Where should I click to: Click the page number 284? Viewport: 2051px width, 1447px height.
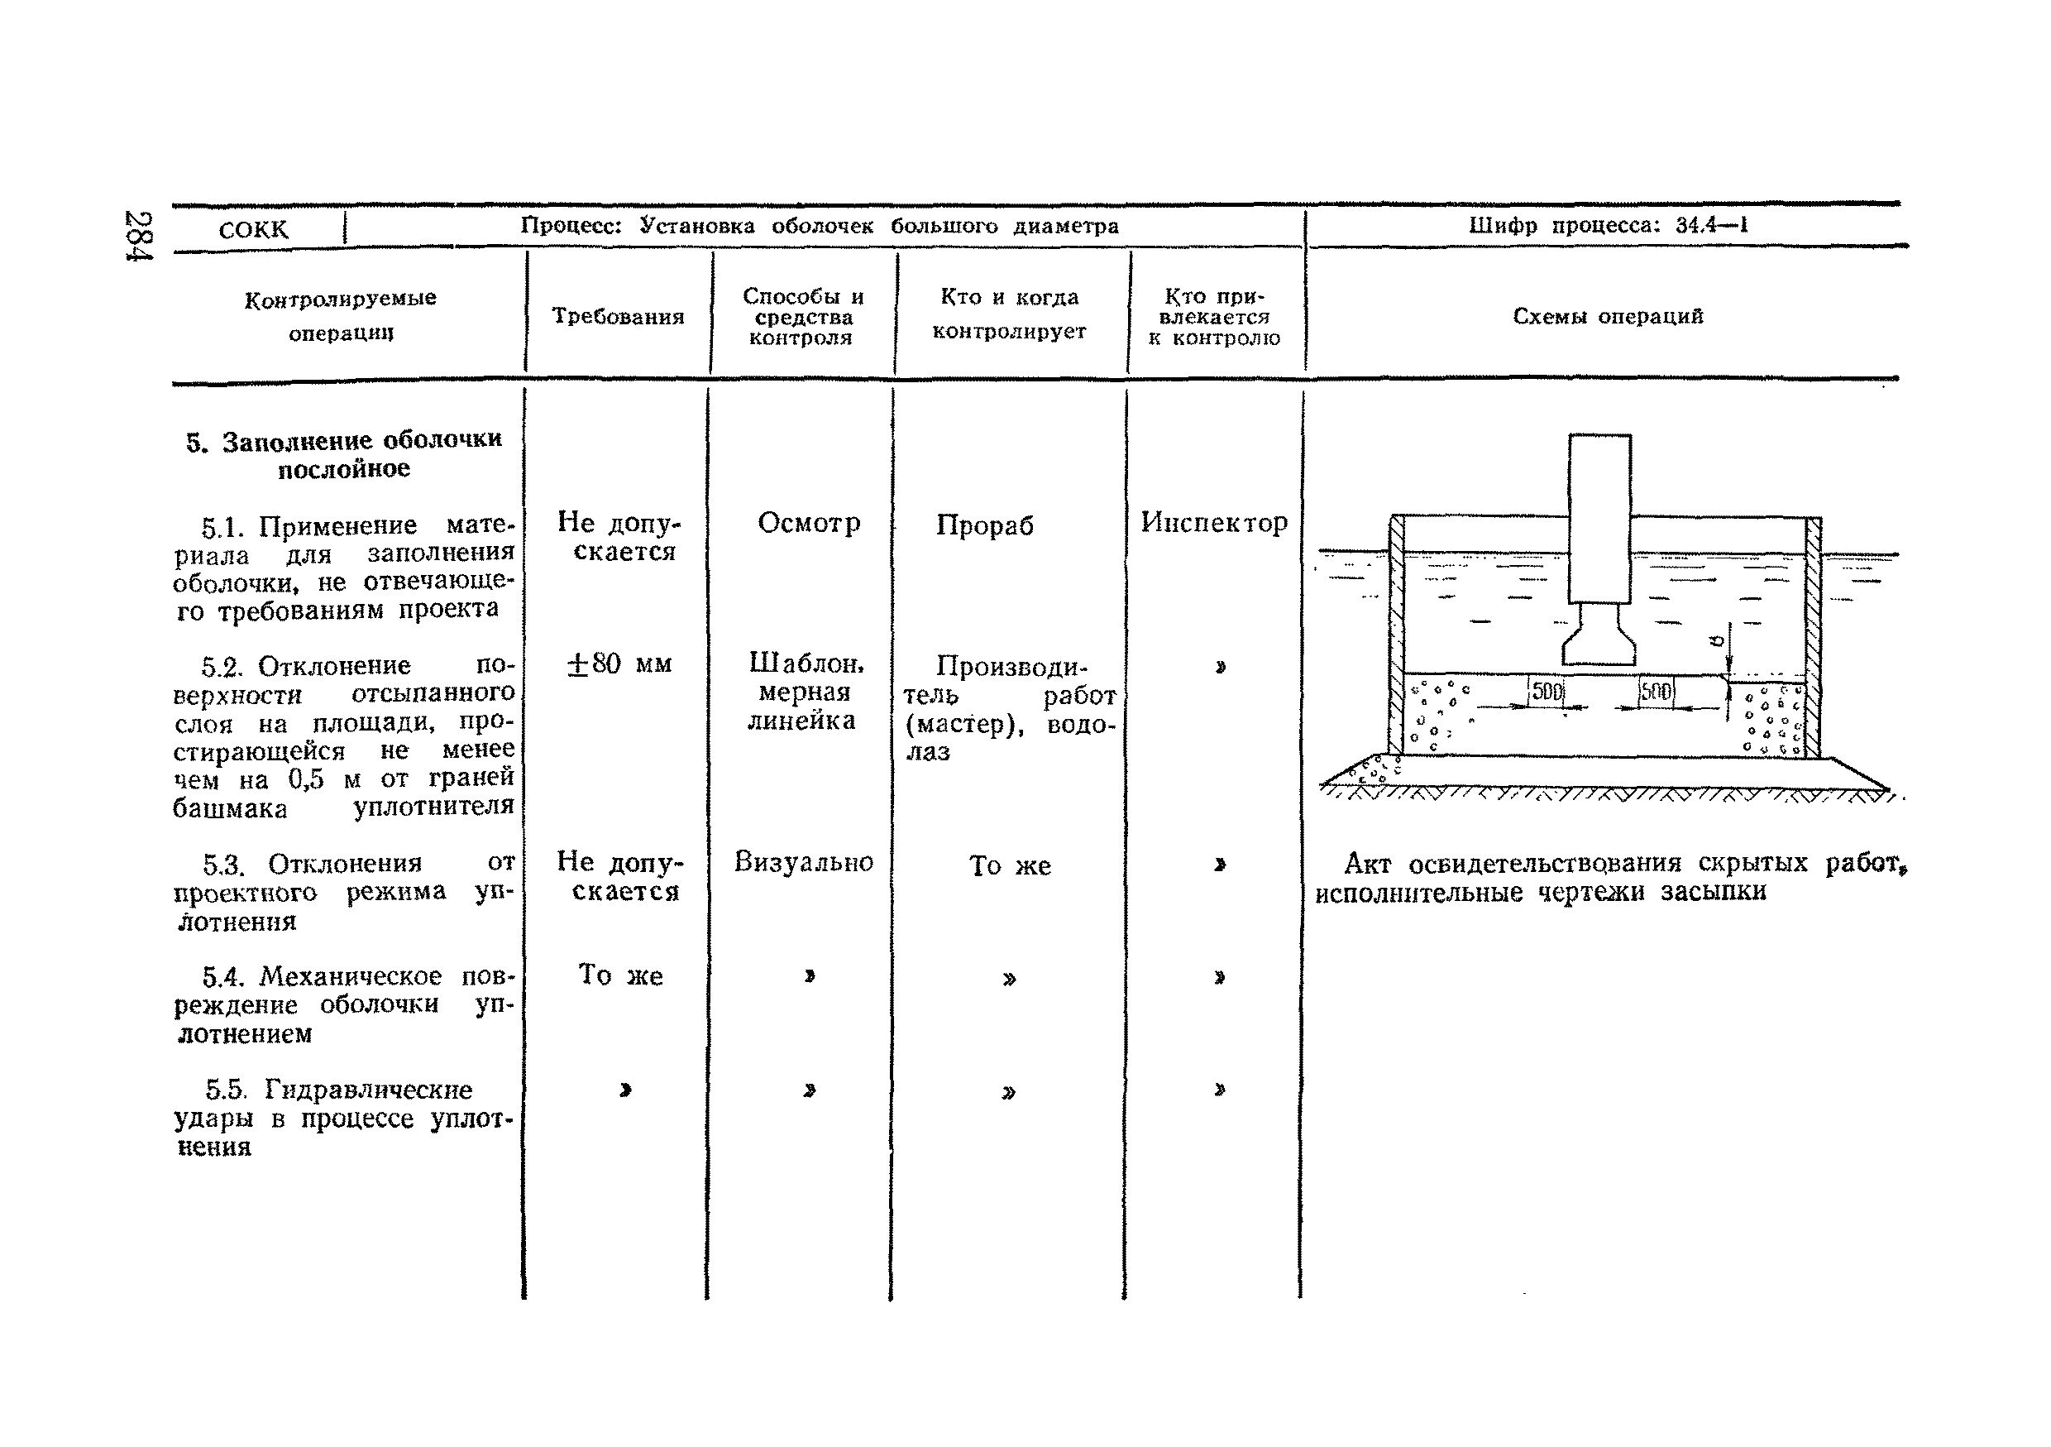140,235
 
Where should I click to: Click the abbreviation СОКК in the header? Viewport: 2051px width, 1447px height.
254,230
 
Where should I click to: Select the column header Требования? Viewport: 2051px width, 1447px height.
618,316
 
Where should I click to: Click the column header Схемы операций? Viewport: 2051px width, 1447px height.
1608,316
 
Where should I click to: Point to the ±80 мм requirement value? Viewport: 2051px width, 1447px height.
619,664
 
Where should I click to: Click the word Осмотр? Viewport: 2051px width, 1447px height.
809,523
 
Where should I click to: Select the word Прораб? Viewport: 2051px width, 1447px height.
984,525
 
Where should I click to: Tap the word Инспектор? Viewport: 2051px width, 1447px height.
1214,523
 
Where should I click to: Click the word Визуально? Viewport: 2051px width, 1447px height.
803,861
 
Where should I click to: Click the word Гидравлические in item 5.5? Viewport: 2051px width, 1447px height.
368,1090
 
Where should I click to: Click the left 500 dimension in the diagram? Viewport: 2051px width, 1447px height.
1547,692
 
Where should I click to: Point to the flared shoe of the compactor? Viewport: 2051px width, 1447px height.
1599,641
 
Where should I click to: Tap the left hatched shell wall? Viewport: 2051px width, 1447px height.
1397,635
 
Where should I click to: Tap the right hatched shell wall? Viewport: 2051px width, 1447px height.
1813,635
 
